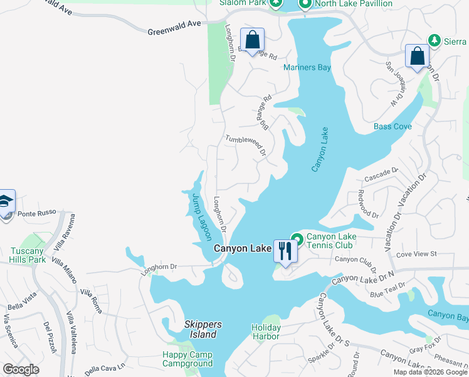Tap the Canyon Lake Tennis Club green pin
(297, 239)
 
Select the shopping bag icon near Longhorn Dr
(252, 40)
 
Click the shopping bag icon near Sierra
(417, 57)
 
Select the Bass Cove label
(393, 126)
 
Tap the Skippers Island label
(204, 329)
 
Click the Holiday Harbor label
(265, 332)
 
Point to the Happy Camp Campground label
(187, 359)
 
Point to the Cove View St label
(416, 254)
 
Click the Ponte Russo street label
(37, 214)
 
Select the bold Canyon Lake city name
(242, 248)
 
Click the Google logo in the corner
(21, 369)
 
